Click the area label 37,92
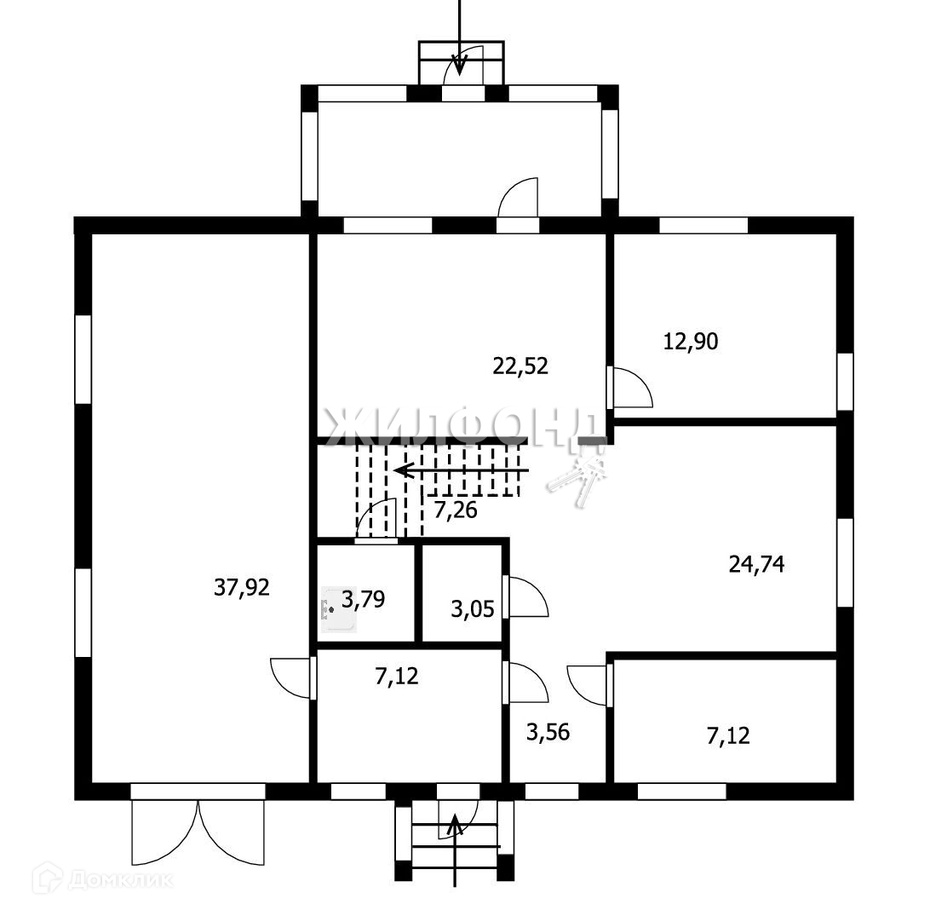pos(241,587)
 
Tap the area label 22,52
pos(520,366)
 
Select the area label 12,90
pos(691,341)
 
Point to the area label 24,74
pos(756,563)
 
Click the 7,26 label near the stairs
pos(456,510)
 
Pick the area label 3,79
pos(364,599)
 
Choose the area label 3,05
pos(472,608)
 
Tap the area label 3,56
pos(548,732)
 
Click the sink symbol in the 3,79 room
pos(338,610)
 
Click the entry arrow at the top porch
pos(460,37)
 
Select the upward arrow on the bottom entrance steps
pos(455,850)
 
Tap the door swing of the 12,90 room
pos(633,388)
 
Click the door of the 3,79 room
pos(376,520)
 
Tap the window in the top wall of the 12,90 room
pos(703,226)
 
